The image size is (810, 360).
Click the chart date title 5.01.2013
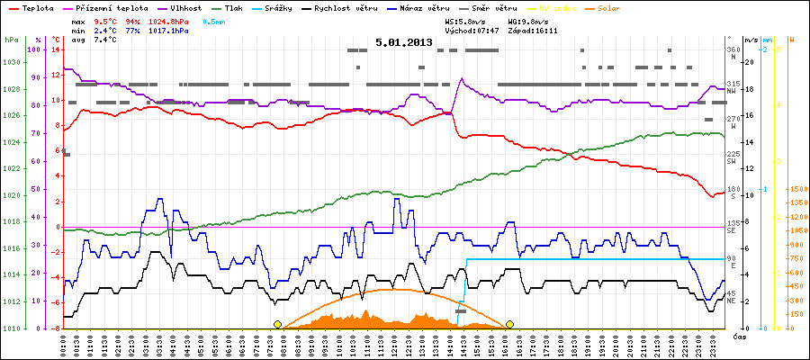click(x=404, y=42)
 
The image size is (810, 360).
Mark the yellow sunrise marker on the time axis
click(x=277, y=324)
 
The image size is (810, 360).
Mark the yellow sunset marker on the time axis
click(x=509, y=324)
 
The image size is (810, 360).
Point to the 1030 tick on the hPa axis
click(x=11, y=62)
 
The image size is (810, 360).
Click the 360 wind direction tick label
click(x=733, y=49)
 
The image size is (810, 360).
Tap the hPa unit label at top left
click(x=10, y=40)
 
